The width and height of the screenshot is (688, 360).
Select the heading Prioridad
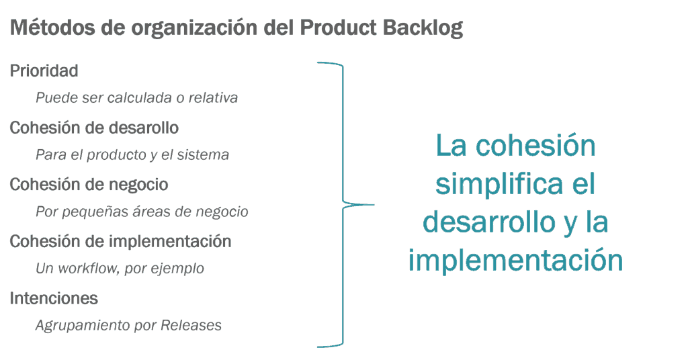pyautogui.click(x=44, y=71)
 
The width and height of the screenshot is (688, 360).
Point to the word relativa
pyautogui.click(x=213, y=97)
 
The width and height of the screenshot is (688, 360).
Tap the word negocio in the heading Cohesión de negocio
pyautogui.click(x=137, y=184)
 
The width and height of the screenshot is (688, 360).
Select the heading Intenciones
pyautogui.click(x=54, y=298)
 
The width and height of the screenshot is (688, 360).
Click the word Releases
pyautogui.click(x=191, y=326)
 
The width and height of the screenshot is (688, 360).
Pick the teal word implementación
pyautogui.click(x=515, y=260)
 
